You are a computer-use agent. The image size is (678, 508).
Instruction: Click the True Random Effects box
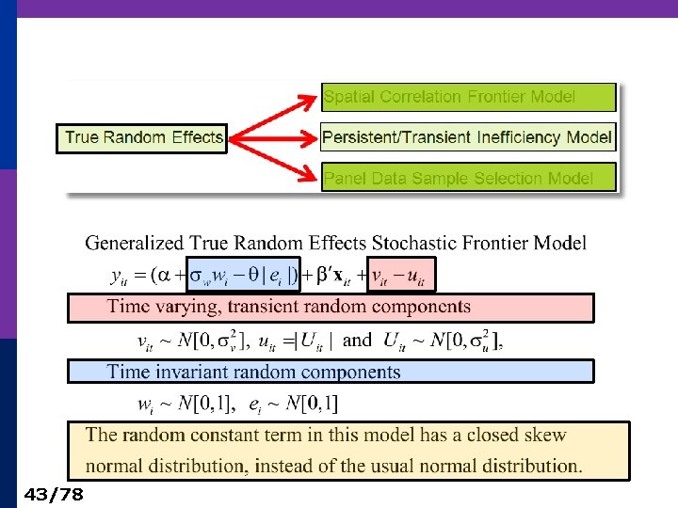pos(143,137)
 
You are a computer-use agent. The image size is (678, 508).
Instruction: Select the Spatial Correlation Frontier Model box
pos(468,96)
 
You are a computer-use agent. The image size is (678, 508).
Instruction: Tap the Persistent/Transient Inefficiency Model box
pos(468,137)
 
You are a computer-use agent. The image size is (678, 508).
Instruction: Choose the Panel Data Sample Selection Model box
pos(468,178)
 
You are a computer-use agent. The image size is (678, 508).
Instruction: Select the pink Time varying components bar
pos(330,308)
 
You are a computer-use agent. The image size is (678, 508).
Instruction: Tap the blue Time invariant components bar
pos(330,372)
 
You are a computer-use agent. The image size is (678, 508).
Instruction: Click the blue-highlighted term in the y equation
pos(244,276)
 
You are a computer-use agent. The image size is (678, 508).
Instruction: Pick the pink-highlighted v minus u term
pos(400,276)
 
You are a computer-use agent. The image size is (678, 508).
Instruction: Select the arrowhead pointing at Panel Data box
pos(309,176)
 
